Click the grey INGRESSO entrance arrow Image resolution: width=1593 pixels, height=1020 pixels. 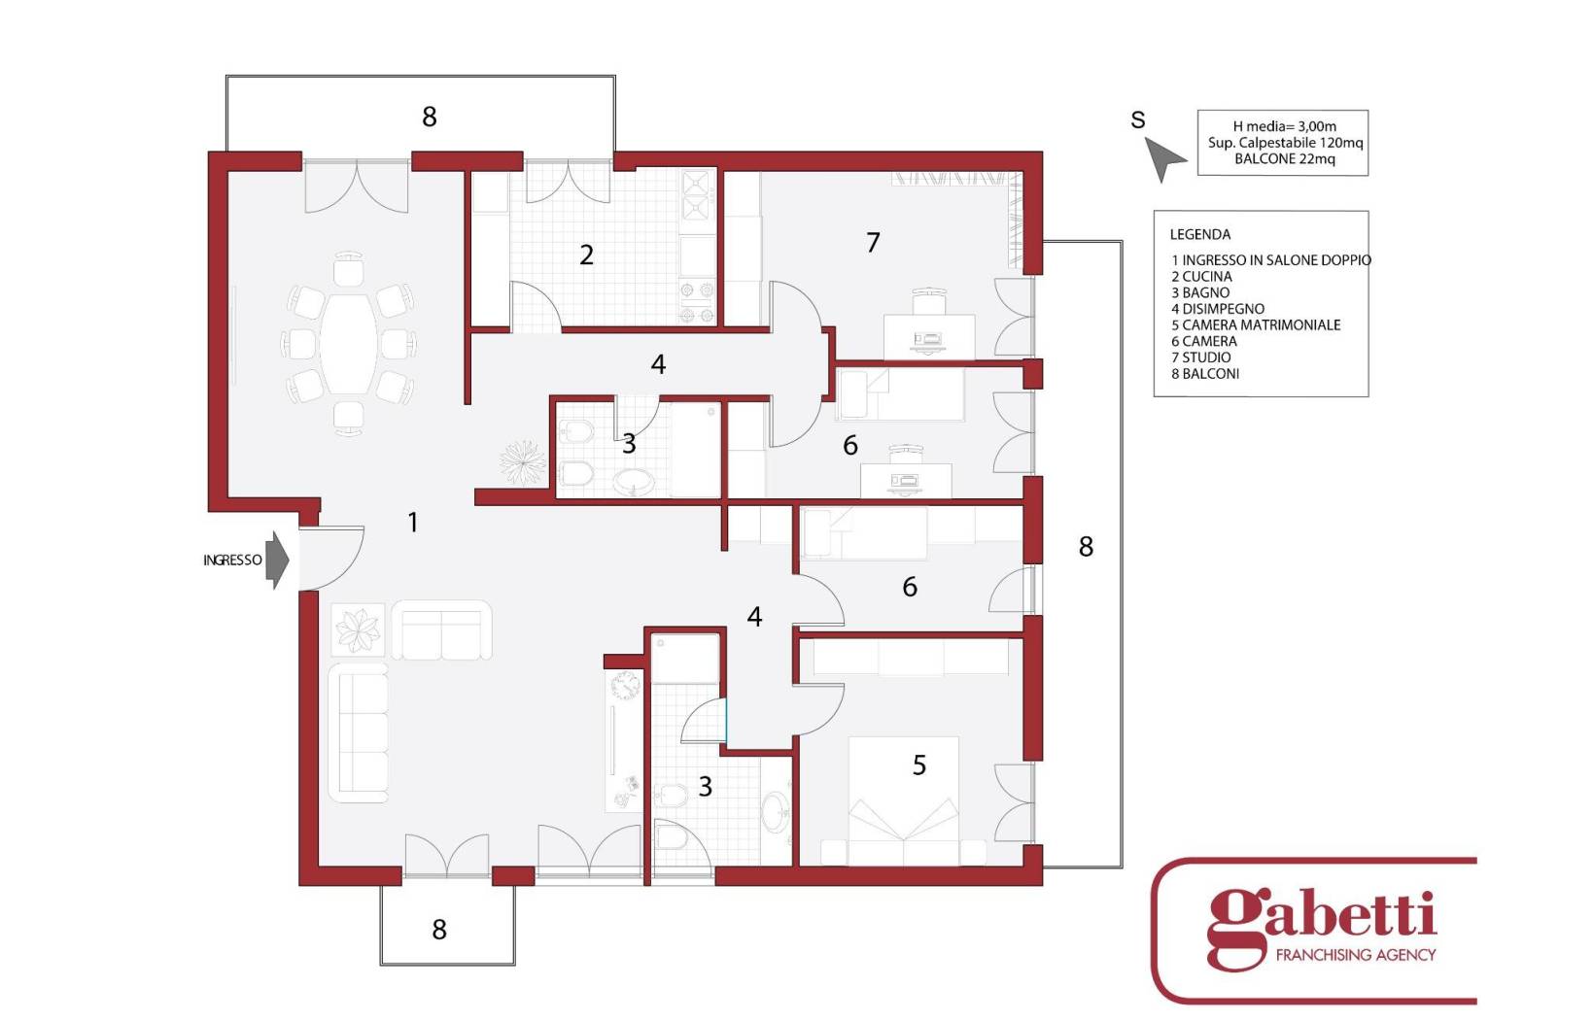tap(277, 561)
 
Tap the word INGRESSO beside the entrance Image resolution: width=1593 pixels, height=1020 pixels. tap(232, 561)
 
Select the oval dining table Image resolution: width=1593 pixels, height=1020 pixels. tap(349, 344)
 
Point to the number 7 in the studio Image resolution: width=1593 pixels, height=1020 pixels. tap(874, 243)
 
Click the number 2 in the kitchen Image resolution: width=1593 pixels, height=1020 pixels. tap(586, 255)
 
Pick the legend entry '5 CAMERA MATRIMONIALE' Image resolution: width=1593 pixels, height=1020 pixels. tap(1256, 324)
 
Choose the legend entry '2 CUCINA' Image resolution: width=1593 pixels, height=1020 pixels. tap(1202, 277)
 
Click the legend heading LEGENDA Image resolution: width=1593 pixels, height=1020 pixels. tap(1200, 234)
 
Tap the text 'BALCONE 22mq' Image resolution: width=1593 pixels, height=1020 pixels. tap(1284, 158)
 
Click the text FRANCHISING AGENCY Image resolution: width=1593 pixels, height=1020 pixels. tap(1356, 955)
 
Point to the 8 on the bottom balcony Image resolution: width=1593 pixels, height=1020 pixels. tap(438, 929)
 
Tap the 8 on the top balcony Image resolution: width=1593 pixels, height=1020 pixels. tap(429, 117)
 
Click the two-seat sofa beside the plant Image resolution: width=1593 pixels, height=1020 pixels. tap(441, 629)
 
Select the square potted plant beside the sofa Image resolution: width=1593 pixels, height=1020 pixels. tap(359, 629)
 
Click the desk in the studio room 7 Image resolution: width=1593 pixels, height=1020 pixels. tap(929, 337)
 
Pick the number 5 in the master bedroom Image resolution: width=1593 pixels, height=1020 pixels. tap(918, 765)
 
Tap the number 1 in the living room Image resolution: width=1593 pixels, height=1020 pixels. tap(412, 523)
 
